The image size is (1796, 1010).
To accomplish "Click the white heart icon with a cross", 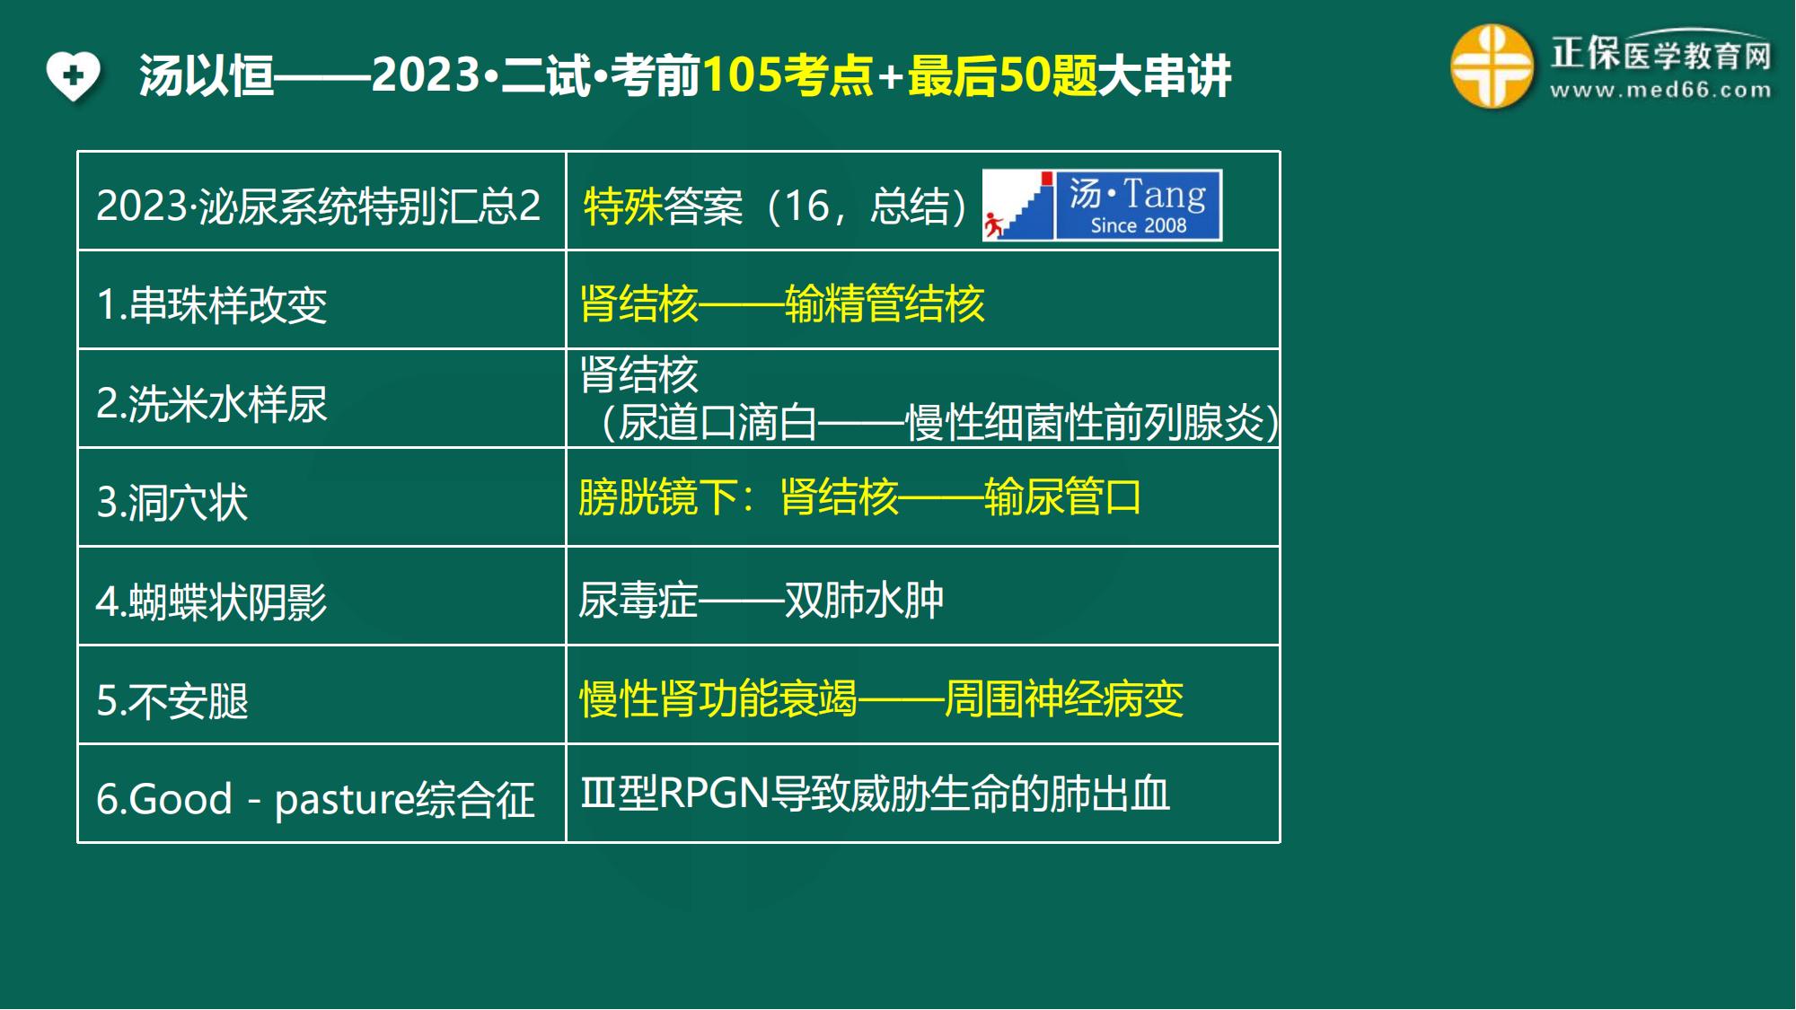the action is point(74,75).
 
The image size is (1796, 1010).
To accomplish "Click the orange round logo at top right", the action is point(1492,66).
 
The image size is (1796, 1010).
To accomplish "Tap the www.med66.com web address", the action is point(1660,90).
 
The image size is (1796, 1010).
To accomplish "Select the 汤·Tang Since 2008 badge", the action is point(1103,206).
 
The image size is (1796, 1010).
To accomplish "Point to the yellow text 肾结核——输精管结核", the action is point(782,303).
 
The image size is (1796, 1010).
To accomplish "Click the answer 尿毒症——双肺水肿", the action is point(762,600).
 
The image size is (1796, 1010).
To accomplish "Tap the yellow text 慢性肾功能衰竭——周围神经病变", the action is point(882,698).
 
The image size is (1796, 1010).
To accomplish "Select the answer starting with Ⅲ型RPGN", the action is point(876,794).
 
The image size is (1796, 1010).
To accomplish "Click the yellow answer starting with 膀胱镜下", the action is point(860,496).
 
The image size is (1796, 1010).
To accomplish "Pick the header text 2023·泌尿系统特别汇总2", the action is point(319,206).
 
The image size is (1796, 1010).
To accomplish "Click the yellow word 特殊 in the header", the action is point(623,206).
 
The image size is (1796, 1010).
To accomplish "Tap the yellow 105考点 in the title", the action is point(788,75).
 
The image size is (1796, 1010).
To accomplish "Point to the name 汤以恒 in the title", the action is point(207,75).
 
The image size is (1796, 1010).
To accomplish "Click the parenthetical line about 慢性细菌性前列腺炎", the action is point(938,422).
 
